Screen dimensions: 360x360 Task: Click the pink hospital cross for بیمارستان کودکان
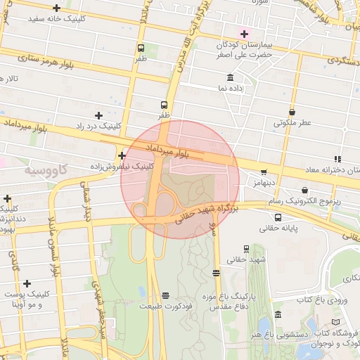245,34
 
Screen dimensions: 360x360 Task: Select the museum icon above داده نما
230,77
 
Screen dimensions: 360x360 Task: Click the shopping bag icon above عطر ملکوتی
292,111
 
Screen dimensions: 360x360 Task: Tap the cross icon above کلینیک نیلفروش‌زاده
122,156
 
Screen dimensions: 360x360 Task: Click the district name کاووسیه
46,169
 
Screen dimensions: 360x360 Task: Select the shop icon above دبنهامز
264,172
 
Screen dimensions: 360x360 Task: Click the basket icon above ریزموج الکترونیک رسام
304,190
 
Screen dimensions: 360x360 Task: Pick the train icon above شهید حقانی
246,249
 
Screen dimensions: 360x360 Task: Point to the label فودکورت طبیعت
165,307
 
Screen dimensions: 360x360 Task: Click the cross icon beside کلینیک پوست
27,284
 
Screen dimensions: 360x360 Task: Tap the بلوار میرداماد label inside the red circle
167,150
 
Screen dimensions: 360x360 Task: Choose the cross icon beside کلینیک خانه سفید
57,8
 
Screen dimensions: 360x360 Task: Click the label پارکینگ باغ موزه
214,296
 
